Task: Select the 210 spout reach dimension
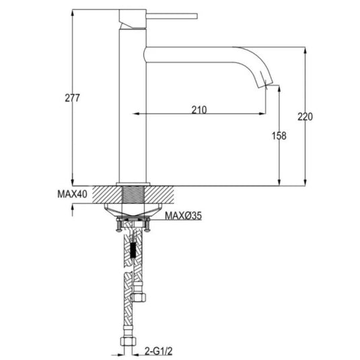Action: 199,110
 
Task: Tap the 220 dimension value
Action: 305,116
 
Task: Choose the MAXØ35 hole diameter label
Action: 184,216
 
